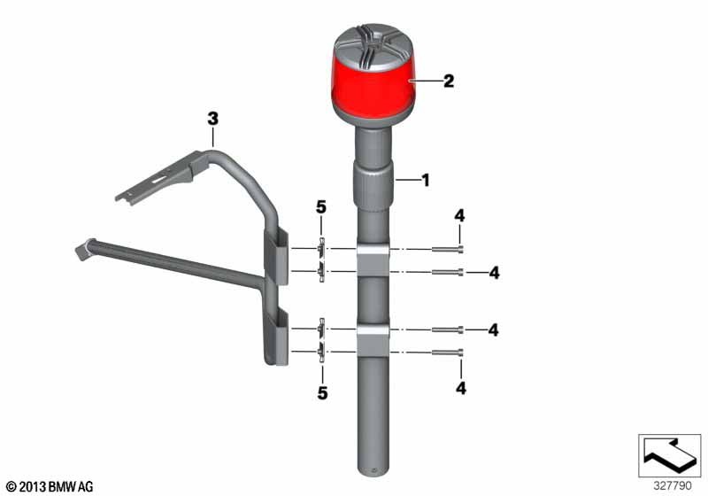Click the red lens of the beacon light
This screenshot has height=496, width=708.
(x=373, y=87)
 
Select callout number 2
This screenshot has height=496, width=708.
(x=449, y=81)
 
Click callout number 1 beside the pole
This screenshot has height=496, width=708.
(x=425, y=180)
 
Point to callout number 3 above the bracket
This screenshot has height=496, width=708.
(x=212, y=119)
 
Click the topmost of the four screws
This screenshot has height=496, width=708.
(x=448, y=250)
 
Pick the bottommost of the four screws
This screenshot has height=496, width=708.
(x=448, y=353)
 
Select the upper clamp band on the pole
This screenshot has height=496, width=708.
(x=373, y=260)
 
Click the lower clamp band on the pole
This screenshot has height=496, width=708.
(x=373, y=340)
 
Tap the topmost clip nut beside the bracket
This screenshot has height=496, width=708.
(x=321, y=248)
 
